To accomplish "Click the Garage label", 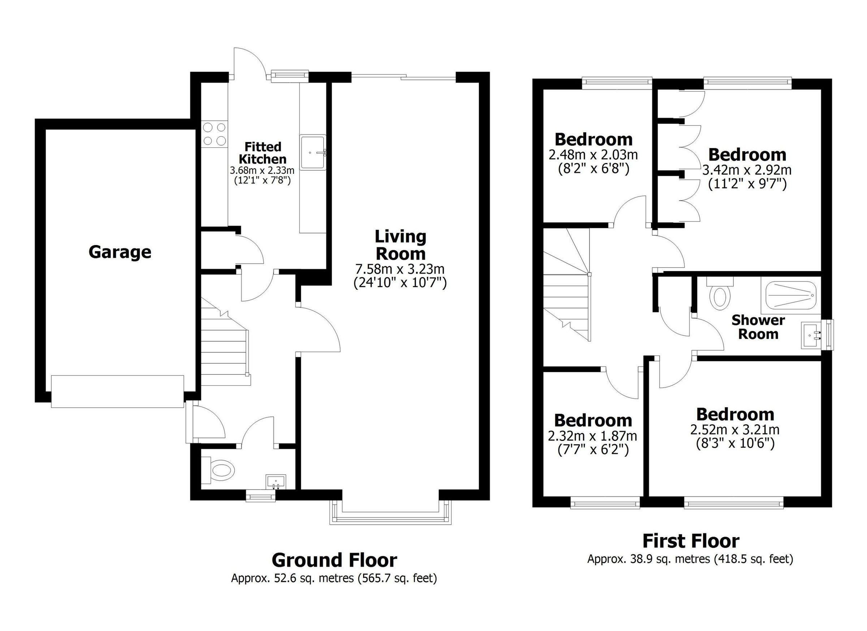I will (120, 252).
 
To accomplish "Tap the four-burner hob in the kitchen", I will (214, 134).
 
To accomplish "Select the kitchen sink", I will (313, 152).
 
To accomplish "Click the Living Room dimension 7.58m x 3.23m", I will (400, 269).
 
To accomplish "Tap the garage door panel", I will (117, 392).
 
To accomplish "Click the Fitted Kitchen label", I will (263, 153).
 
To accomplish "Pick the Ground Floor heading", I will (334, 560).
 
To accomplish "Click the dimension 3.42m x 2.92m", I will (747, 170).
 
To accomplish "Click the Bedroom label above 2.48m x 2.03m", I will (593, 139).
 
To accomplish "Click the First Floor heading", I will (690, 541).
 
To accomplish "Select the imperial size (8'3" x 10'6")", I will (734, 443).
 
